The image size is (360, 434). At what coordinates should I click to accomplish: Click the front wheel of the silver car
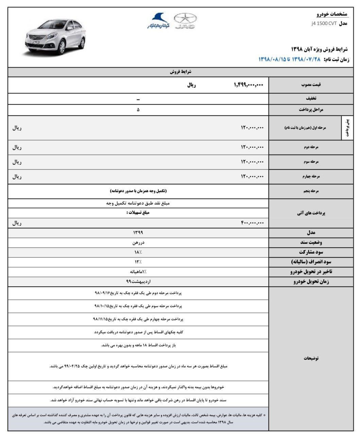tap(62, 48)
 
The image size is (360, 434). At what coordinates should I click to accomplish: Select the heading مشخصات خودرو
tap(332, 14)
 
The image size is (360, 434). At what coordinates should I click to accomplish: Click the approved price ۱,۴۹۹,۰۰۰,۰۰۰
tap(248, 85)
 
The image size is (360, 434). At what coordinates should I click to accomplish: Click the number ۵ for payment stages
tap(138, 110)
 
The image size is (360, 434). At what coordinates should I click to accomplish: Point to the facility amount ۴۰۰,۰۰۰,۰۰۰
tap(252, 223)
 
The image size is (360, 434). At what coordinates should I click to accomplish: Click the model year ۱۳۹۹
tap(138, 233)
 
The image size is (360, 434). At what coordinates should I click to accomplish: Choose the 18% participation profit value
tap(138, 252)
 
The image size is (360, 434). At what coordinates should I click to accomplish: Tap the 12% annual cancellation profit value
tap(138, 262)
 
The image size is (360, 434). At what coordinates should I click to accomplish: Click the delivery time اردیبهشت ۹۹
tap(138, 282)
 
